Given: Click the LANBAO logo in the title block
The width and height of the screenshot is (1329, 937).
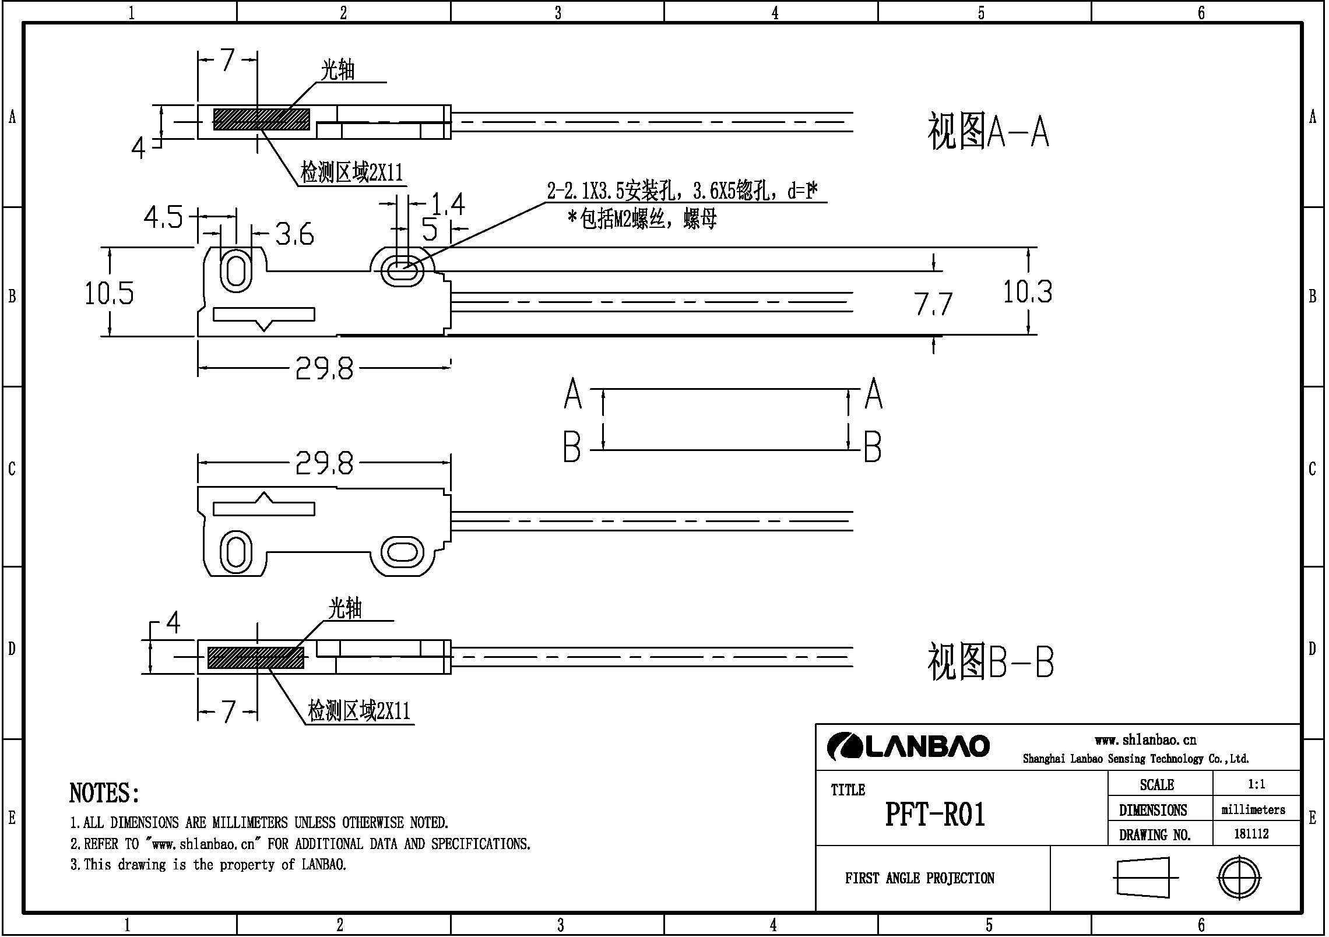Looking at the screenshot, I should pos(908,746).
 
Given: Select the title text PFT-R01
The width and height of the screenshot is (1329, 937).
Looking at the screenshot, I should pos(935,814).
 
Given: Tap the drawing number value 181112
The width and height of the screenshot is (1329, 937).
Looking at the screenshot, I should pos(1251,834).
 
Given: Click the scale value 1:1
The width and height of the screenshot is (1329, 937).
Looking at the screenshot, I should pos(1256,784).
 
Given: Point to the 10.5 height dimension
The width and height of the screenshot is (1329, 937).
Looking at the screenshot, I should pos(109,293).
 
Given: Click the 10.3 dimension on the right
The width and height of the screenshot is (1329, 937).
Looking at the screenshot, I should pos(1027,292).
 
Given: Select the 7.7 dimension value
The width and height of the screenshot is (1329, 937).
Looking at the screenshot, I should pos(933,304).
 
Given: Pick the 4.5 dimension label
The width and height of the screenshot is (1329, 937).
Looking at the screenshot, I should pos(163,218).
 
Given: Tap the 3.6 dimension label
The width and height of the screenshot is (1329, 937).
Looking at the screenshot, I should pos(294,234).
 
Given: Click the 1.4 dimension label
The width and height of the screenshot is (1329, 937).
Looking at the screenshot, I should pos(448,205).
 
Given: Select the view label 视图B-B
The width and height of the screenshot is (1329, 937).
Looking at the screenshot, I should pos(990,661).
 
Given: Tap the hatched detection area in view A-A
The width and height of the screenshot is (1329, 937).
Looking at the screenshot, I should pos(261,119).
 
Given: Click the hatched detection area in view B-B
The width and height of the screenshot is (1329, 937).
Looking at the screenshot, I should pos(256,657).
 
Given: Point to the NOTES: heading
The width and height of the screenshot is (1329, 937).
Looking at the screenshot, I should pos(104,793).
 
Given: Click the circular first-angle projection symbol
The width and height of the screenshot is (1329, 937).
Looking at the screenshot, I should pos(1239,878).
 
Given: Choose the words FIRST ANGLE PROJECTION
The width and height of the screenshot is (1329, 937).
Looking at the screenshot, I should pos(919,878).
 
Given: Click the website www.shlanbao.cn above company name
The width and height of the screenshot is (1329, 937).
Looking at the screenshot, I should pos(1145,740).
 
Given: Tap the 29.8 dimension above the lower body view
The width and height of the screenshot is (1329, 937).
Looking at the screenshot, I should pos(324,464).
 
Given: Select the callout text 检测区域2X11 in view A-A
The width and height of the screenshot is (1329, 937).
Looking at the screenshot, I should pos(351,173).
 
